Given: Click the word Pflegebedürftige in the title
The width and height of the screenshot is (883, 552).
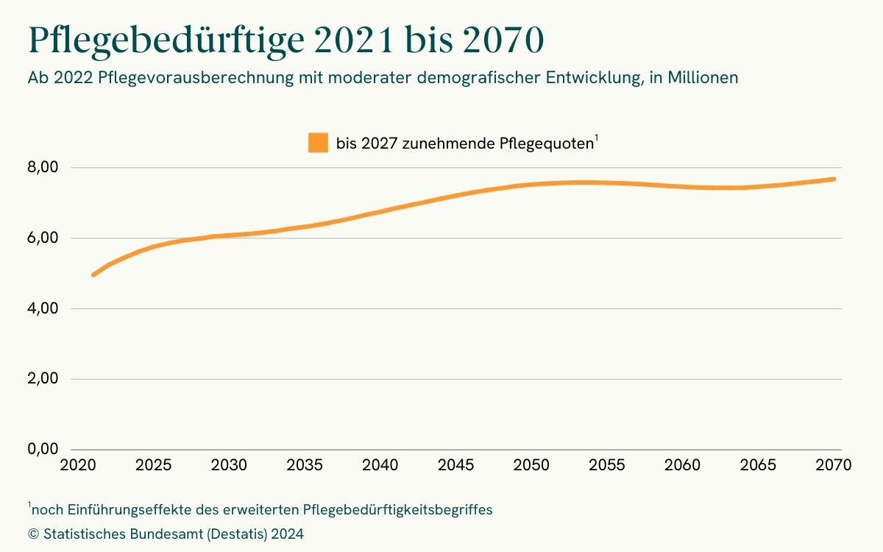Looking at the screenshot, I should point(164,42).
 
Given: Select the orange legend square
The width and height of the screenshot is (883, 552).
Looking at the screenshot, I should point(318,143).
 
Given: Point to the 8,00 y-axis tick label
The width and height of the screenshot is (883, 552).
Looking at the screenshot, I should point(43,168).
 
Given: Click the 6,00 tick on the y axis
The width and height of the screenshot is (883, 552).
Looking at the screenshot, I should point(43,238).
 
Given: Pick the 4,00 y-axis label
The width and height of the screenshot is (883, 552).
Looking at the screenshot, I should point(43,308).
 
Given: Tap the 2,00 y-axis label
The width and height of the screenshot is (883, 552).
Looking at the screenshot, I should point(43,379).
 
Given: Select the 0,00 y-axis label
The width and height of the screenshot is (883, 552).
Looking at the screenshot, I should point(43,450).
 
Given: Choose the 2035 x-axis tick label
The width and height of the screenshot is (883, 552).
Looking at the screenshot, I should point(305,466).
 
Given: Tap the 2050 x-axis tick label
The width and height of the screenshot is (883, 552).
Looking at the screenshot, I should point(532,466).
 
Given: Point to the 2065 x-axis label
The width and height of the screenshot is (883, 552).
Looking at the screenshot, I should point(758,466).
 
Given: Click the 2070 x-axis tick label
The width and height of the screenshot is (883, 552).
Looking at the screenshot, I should point(834,466).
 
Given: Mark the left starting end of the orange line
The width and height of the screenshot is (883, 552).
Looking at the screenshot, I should point(93,275).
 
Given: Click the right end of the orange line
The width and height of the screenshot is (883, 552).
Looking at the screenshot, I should point(834,179).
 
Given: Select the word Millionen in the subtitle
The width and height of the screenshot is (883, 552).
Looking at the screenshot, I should point(703,78).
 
